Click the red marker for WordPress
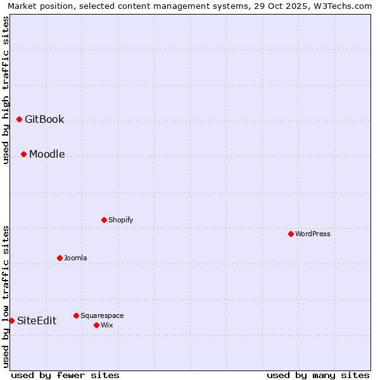pyautogui.click(x=291, y=234)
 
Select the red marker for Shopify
pyautogui.click(x=104, y=220)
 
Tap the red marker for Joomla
pyautogui.click(x=60, y=258)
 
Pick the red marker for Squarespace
pyautogui.click(x=76, y=315)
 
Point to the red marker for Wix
pyautogui.click(x=96, y=325)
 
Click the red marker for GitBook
pyautogui.click(x=19, y=119)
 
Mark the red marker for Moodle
pyautogui.click(x=23, y=154)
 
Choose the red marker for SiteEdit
pyautogui.click(x=11, y=320)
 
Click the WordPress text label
pyautogui.click(x=313, y=234)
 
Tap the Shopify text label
pyautogui.click(x=120, y=220)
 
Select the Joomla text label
pyautogui.click(x=75, y=258)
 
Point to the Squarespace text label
pyautogui.click(x=102, y=315)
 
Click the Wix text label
pyautogui.click(x=106, y=325)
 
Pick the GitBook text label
pyautogui.click(x=44, y=119)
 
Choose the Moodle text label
pyautogui.click(x=47, y=154)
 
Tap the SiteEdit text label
pyautogui.click(x=37, y=320)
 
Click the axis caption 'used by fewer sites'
pyautogui.click(x=65, y=375)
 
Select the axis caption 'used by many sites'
pyautogui.click(x=318, y=375)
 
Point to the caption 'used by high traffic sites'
pyautogui.click(x=6, y=90)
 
